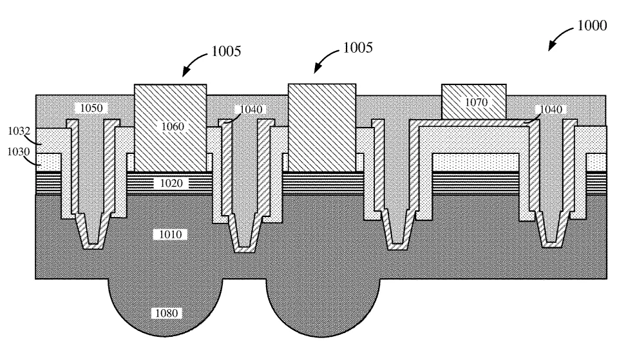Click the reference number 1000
pyautogui.click(x=592, y=26)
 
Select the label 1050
pyautogui.click(x=91, y=108)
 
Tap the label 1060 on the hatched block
pyautogui.click(x=173, y=126)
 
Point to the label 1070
pyautogui.click(x=476, y=102)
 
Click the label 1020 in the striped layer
pyautogui.click(x=171, y=184)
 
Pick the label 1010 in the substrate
pyautogui.click(x=171, y=234)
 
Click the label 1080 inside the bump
pyautogui.click(x=167, y=313)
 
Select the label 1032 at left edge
pyautogui.click(x=19, y=131)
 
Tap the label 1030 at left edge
pyautogui.click(x=19, y=152)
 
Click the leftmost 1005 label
pyautogui.click(x=226, y=52)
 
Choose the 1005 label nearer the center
pyautogui.click(x=358, y=48)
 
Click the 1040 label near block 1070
pyautogui.click(x=551, y=109)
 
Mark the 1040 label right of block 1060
pyautogui.click(x=251, y=109)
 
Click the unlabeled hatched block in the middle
pyautogui.click(x=322, y=128)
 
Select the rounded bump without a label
pyautogui.click(x=323, y=308)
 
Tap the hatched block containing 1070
pyautogui.click(x=474, y=102)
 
